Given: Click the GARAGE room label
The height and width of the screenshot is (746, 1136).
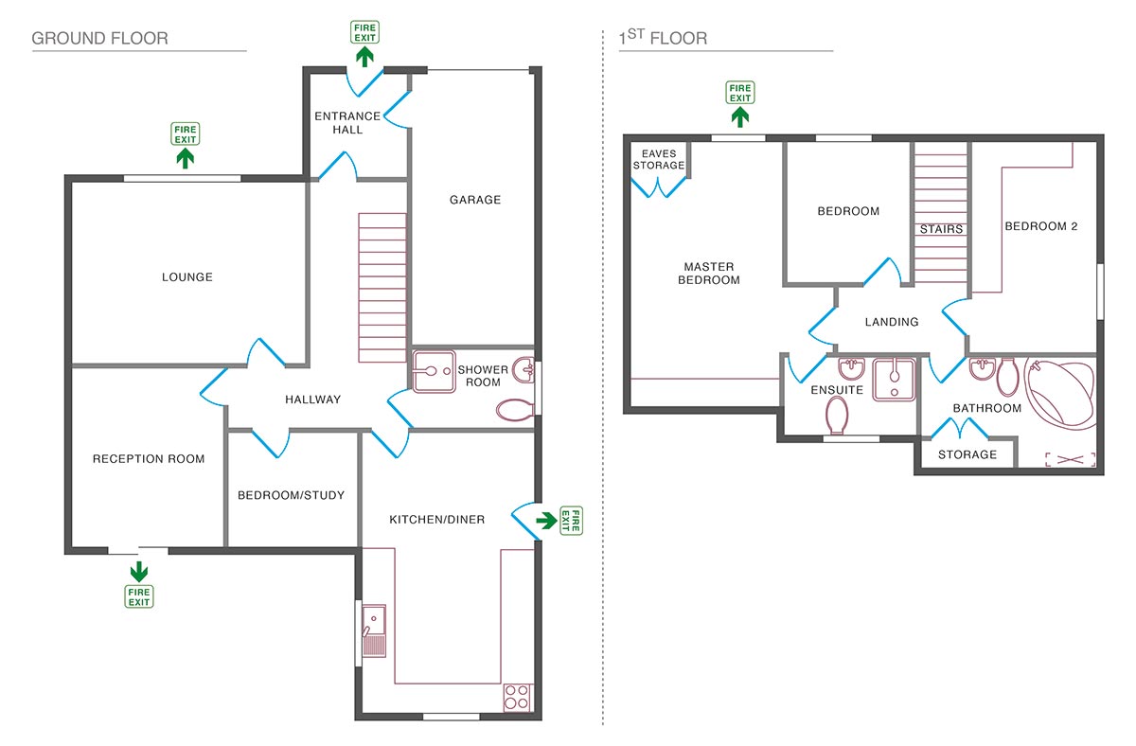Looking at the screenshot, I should pyautogui.click(x=474, y=200).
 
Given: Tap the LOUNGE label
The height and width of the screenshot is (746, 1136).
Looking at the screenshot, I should pyautogui.click(x=186, y=277).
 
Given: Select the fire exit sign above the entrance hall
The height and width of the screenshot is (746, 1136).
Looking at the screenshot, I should pyautogui.click(x=364, y=32).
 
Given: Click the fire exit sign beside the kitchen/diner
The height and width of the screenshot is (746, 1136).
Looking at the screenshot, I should pyautogui.click(x=571, y=521).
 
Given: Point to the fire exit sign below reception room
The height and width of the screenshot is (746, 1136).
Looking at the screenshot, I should pyautogui.click(x=139, y=596).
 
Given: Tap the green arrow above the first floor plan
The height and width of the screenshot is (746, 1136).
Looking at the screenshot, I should pyautogui.click(x=740, y=116).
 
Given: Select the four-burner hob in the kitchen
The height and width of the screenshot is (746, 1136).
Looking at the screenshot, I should pyautogui.click(x=517, y=697).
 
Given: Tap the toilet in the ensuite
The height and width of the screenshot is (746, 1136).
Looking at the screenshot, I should pyautogui.click(x=837, y=414).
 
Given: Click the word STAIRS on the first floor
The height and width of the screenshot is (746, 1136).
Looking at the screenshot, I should pyautogui.click(x=941, y=229).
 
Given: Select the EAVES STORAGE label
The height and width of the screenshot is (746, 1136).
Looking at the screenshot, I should pyautogui.click(x=659, y=159).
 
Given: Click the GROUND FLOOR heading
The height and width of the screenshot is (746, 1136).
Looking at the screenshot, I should pyautogui.click(x=99, y=39).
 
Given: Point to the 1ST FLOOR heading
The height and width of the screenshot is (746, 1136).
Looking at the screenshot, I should pyautogui.click(x=663, y=39).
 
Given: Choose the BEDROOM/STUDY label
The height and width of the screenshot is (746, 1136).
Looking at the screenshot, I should pyautogui.click(x=291, y=495).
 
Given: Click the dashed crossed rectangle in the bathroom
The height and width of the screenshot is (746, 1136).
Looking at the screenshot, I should pyautogui.click(x=1070, y=459).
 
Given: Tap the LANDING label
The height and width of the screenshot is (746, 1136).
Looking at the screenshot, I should pyautogui.click(x=892, y=322).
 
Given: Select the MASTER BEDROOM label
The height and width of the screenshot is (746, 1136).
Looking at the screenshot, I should pyautogui.click(x=709, y=274).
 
